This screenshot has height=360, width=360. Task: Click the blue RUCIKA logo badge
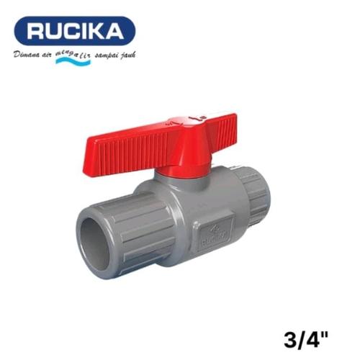(x=75, y=30)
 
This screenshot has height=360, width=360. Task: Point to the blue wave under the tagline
(x=72, y=62)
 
